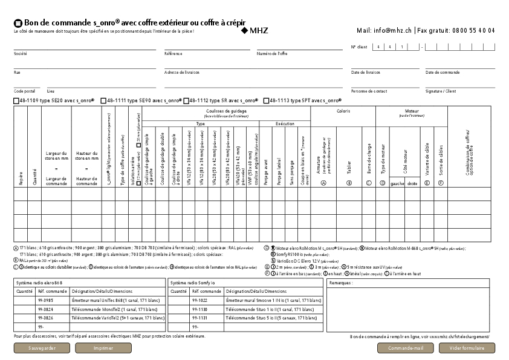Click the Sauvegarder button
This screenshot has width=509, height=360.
pos(42,348)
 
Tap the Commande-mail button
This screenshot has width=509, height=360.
pos(406,348)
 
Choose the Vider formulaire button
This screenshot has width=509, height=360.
pos(466,348)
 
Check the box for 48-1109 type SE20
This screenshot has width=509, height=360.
pos(16,100)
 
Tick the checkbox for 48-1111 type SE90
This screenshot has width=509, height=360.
pos(103,100)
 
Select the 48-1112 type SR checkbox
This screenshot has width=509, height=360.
pos(186,100)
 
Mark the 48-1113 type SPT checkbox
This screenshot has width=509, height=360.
pos(266,100)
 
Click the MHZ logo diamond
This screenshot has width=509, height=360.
pos(244,30)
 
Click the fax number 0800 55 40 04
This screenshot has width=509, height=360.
pos(473,30)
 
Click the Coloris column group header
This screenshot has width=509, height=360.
pos(343,111)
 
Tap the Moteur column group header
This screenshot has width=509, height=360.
pos(412,111)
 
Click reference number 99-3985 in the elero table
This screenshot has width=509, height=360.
pos(45,300)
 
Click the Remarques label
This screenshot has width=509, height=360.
pos(342,283)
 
